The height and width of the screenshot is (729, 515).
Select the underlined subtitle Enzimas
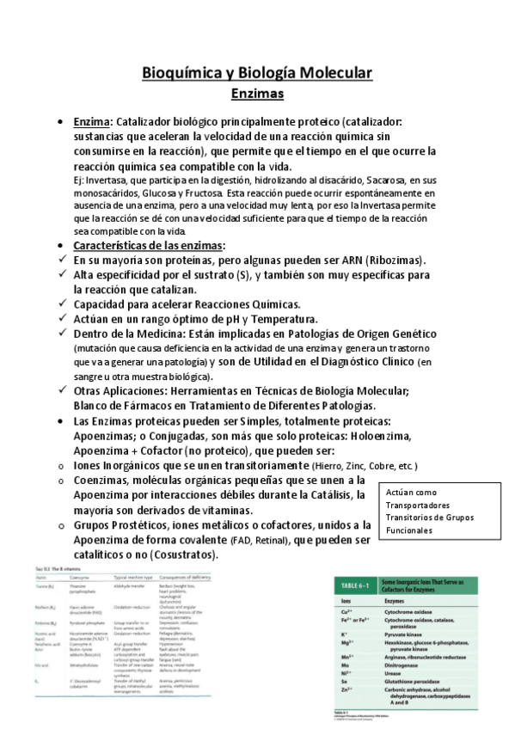coord(257,92)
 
